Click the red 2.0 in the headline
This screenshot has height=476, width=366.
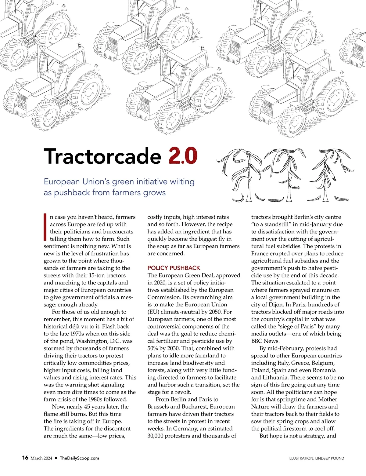182,156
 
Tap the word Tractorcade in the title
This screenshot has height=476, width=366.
102,156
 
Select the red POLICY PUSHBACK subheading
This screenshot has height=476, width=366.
174,268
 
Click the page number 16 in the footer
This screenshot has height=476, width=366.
25,458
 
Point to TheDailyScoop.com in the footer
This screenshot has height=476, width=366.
79,458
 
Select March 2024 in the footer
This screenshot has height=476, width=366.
41,458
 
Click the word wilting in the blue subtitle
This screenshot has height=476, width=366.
182,181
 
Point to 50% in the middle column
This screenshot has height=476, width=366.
153,348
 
